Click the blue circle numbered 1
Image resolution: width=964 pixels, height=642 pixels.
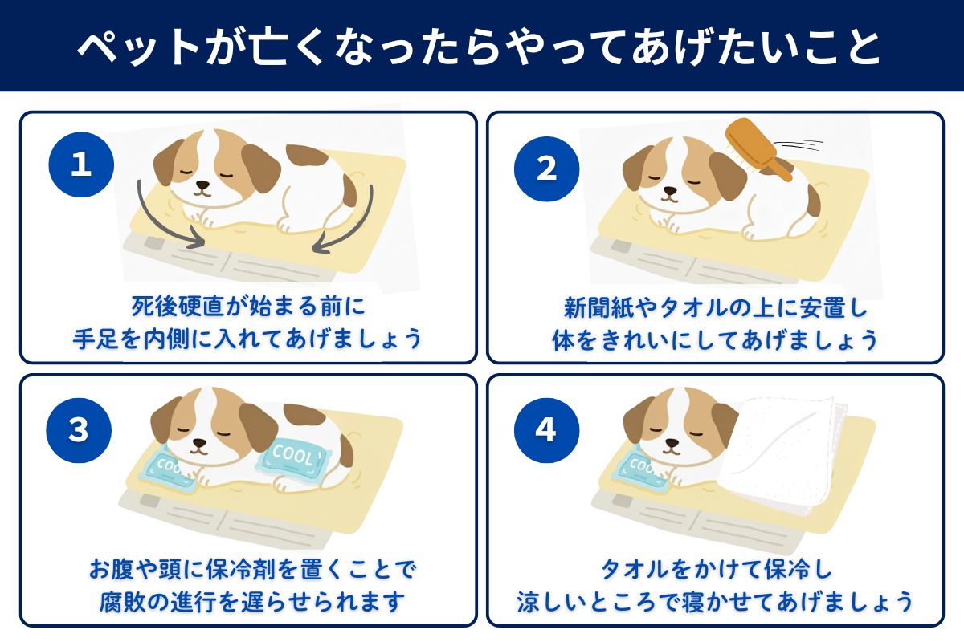coord(81,165)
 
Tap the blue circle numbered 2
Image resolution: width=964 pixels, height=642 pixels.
coord(546,168)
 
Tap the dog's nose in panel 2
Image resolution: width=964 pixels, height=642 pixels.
coord(667,193)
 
